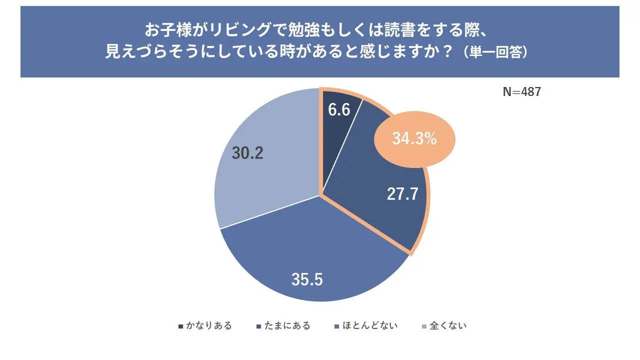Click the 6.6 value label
click(338, 110)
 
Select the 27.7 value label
click(402, 194)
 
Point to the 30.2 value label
click(247, 153)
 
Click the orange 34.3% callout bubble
click(414, 139)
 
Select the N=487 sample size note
click(521, 92)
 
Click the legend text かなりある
click(209, 326)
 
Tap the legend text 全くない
click(448, 326)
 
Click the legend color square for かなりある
click(180, 326)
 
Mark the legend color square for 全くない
click(424, 326)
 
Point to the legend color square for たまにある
click(259, 326)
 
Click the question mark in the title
click(449, 52)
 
